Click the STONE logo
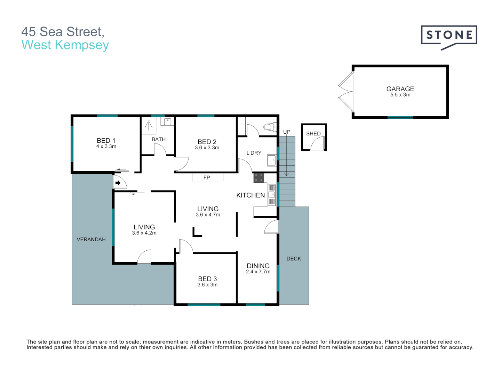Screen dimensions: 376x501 pyautogui.click(x=449, y=36)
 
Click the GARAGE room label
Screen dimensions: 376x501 pyautogui.click(x=400, y=89)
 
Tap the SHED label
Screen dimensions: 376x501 pyautogui.click(x=313, y=134)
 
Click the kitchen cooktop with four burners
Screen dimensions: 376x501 pyautogui.click(x=259, y=178)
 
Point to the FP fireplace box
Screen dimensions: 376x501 pyautogui.click(x=207, y=178)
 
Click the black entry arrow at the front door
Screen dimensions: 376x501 pyautogui.click(x=118, y=183)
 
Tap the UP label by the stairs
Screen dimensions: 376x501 pyautogui.click(x=287, y=132)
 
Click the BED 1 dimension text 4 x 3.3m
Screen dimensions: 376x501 pyautogui.click(x=106, y=147)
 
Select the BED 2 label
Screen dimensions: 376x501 pyautogui.click(x=207, y=142)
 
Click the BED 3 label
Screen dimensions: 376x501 pyautogui.click(x=207, y=279)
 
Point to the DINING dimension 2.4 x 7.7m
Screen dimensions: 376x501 pyautogui.click(x=258, y=272)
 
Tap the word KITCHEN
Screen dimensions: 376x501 pyautogui.click(x=250, y=195)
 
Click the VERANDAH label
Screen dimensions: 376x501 pyautogui.click(x=91, y=240)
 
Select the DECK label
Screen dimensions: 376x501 pyautogui.click(x=294, y=259)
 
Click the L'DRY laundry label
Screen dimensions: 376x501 pyautogui.click(x=254, y=153)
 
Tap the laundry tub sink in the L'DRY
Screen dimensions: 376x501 pyautogui.click(x=271, y=160)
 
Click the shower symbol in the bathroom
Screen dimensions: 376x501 pyautogui.click(x=149, y=125)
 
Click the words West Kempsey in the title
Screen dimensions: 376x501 pyautogui.click(x=65, y=45)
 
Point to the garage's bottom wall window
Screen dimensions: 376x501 pyautogui.click(x=400, y=117)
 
